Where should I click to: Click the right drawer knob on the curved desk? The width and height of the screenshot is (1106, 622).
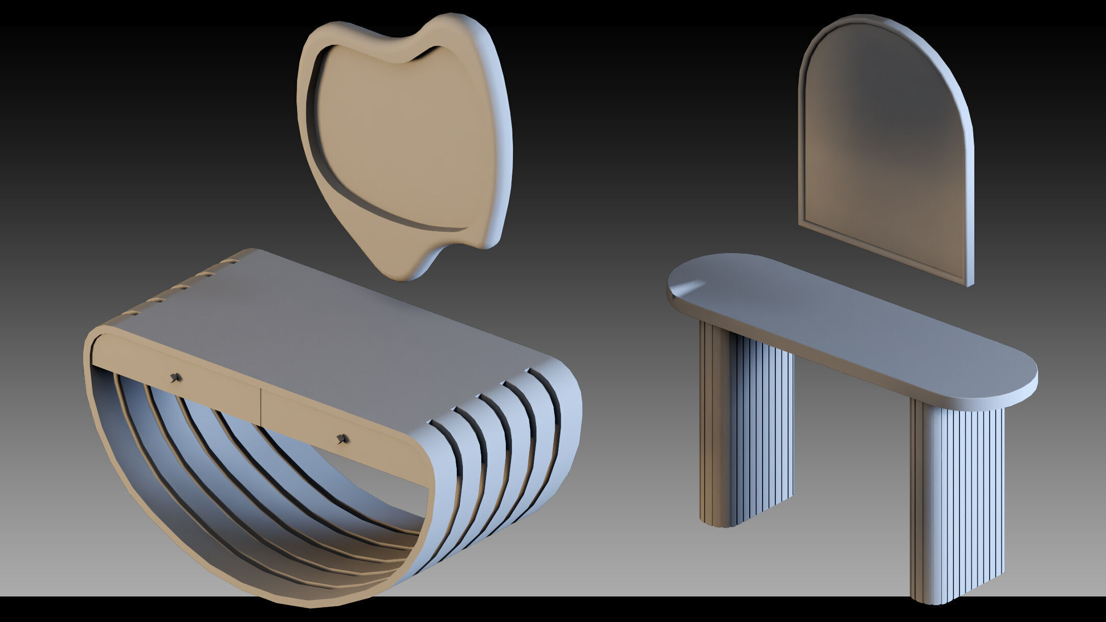coord(342,438)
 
